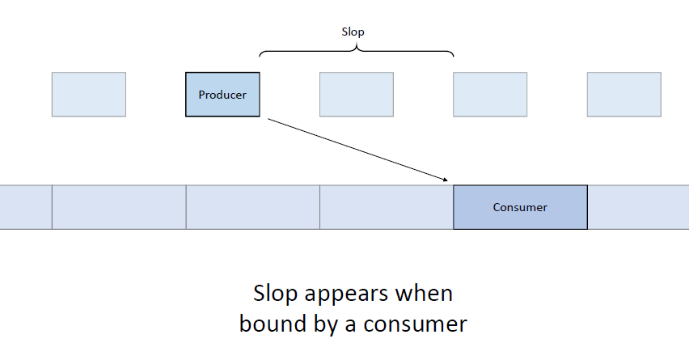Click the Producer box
pyautogui.click(x=222, y=95)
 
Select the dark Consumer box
pyautogui.click(x=520, y=207)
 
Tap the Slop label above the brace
pyautogui.click(x=353, y=32)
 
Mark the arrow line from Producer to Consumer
pyautogui.click(x=357, y=150)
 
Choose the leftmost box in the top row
pyautogui.click(x=89, y=95)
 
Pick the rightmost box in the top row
pyautogui.click(x=624, y=95)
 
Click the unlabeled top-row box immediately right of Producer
pyautogui.click(x=357, y=95)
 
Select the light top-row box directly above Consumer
pyautogui.click(x=490, y=95)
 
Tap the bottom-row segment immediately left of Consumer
pyautogui.click(x=387, y=207)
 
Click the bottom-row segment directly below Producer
pyautogui.click(x=252, y=207)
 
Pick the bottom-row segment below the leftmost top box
pyautogui.click(x=119, y=207)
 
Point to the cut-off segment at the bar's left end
pyautogui.click(x=26, y=207)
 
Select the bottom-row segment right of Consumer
pyautogui.click(x=638, y=207)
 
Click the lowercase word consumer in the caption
pyautogui.click(x=415, y=325)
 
